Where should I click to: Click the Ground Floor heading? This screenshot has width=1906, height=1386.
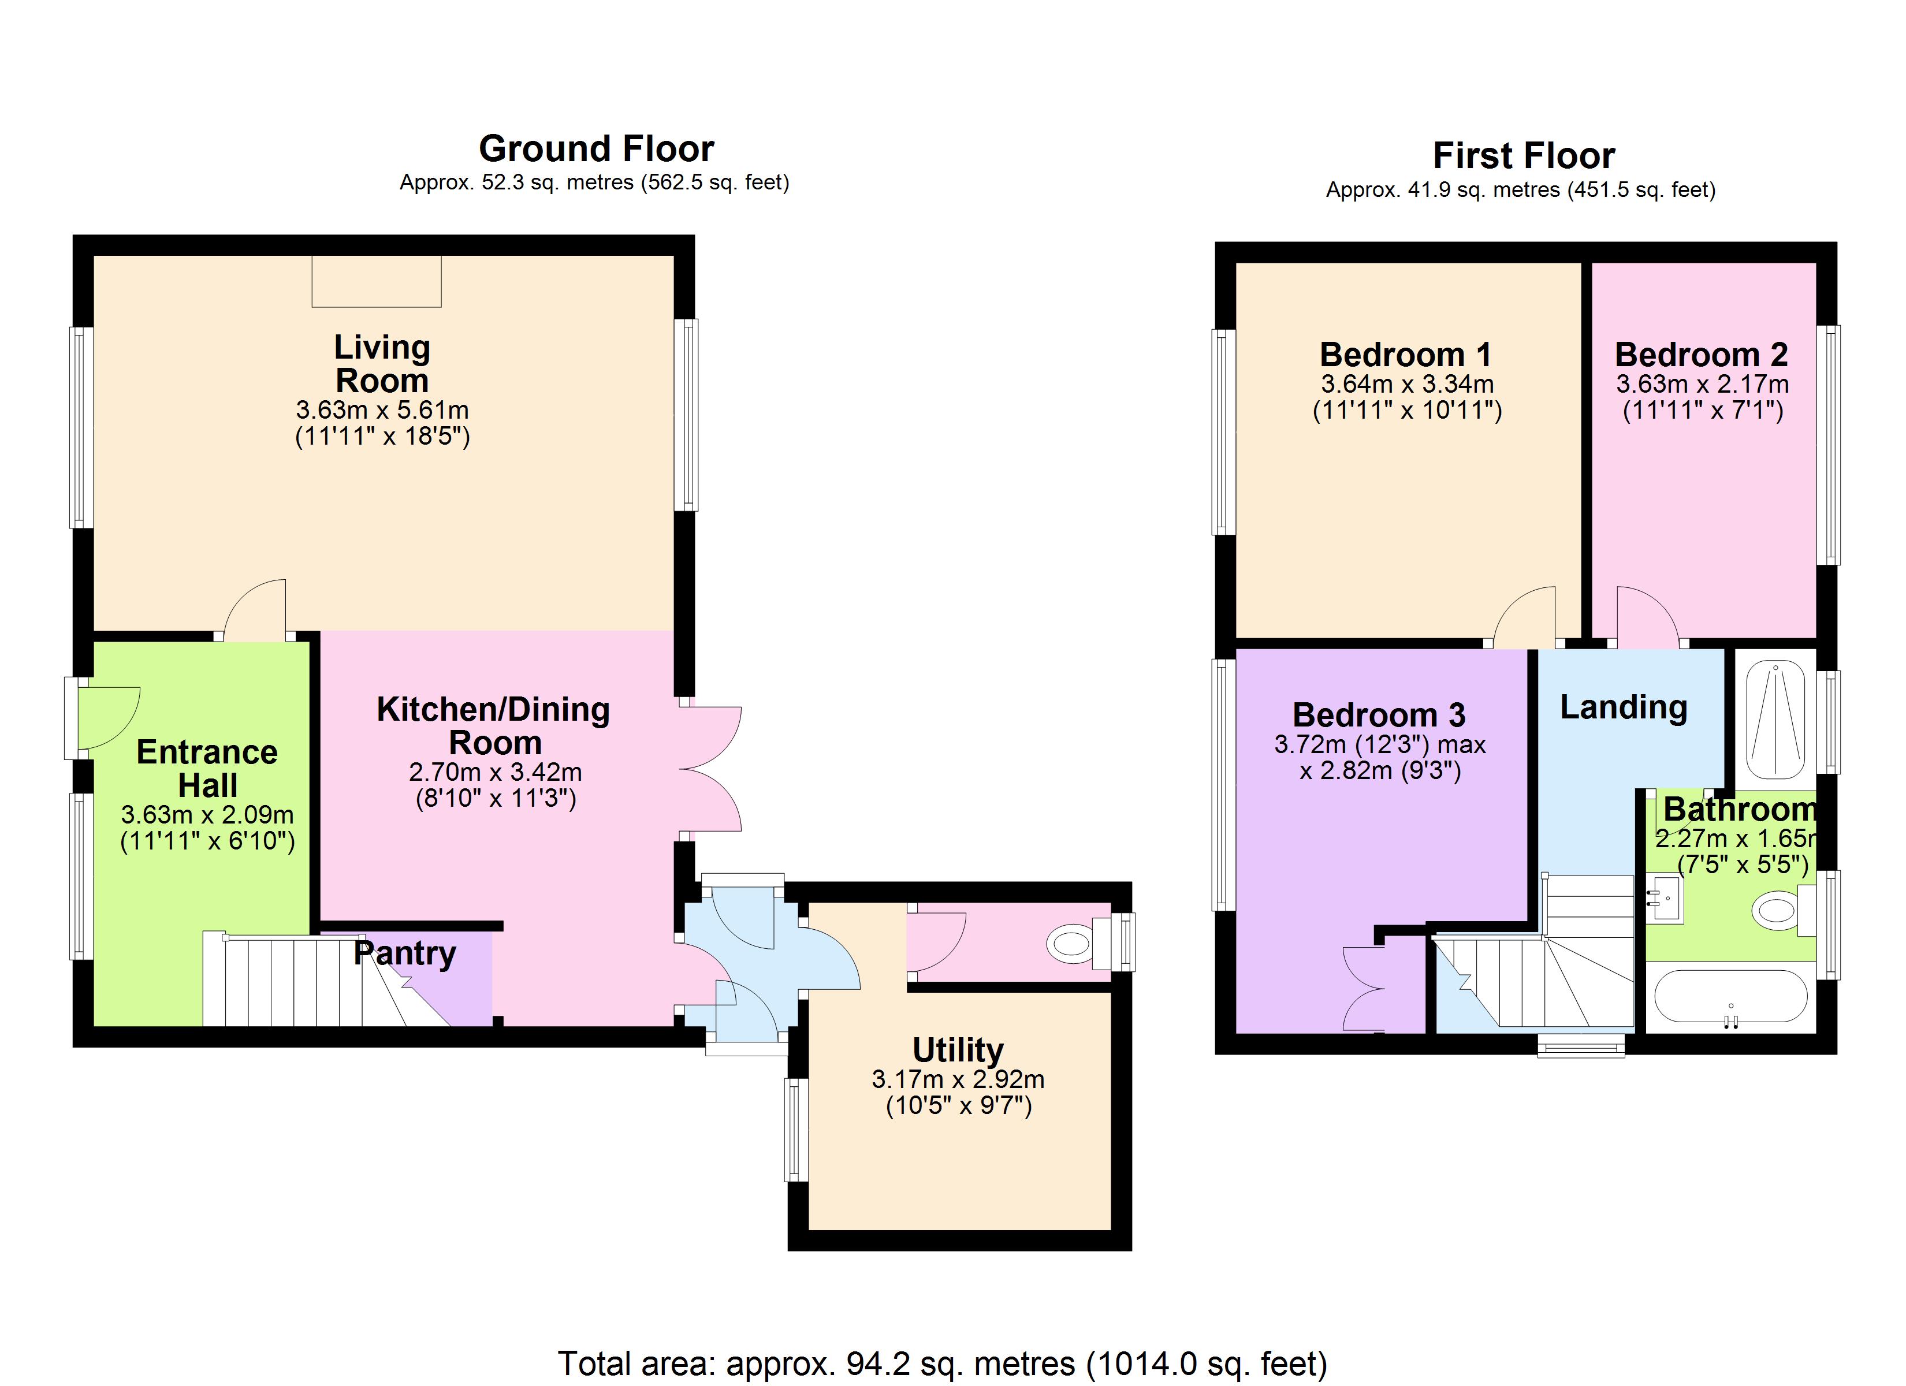pyautogui.click(x=596, y=149)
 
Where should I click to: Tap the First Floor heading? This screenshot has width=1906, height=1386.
pyautogui.click(x=1523, y=155)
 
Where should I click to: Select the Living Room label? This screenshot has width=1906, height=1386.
pyautogui.click(x=382, y=363)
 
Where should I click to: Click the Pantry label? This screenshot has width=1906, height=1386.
pyautogui.click(x=404, y=952)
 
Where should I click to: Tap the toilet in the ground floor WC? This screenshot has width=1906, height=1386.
pyautogui.click(x=1071, y=945)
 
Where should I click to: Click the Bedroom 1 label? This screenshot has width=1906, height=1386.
pyautogui.click(x=1405, y=354)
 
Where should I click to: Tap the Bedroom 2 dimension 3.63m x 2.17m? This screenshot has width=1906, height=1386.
pyautogui.click(x=1702, y=384)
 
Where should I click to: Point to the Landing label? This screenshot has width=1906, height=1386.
pyautogui.click(x=1623, y=707)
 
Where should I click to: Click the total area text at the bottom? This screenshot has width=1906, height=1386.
pyautogui.click(x=942, y=1362)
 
